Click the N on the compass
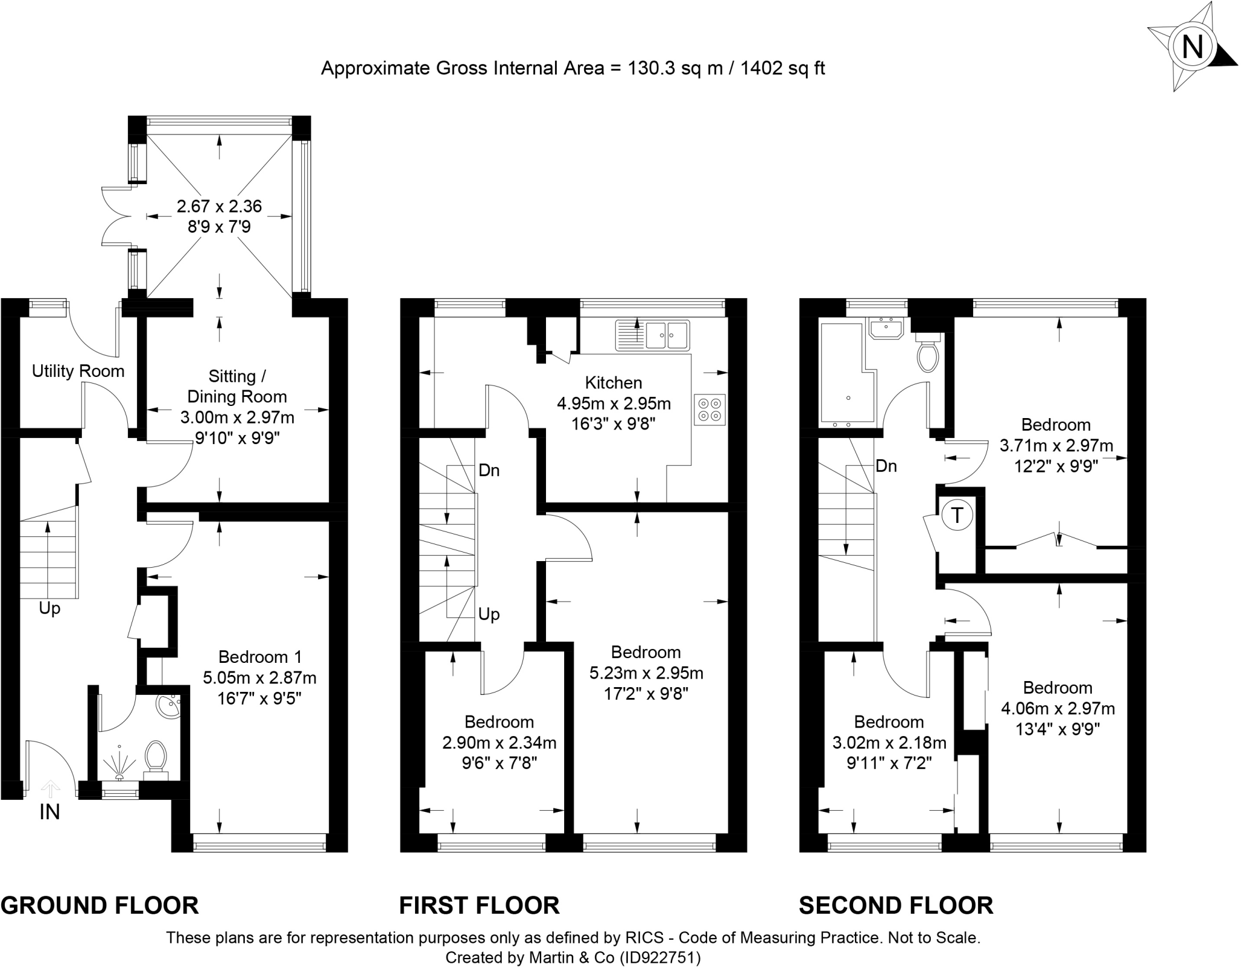point(1193,47)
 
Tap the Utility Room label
point(78,371)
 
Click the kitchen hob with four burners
point(710,409)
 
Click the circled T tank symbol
point(957,516)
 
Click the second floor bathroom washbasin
point(887,328)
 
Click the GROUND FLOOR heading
point(100,905)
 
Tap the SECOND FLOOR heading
point(896,905)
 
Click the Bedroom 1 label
point(260,657)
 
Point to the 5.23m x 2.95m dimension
point(646,673)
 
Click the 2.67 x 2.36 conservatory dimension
point(219,207)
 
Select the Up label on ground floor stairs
point(50,608)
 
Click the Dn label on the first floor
point(489,470)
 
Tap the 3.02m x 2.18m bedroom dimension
point(889,743)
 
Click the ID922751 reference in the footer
point(660,958)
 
